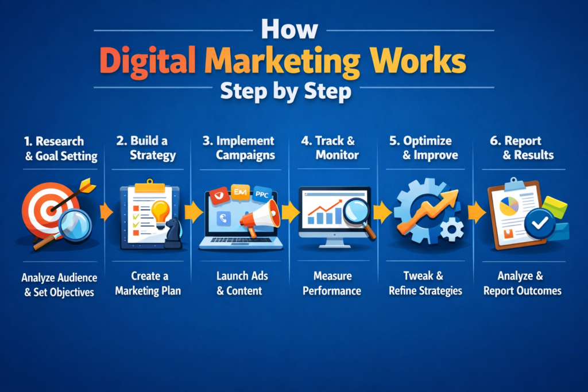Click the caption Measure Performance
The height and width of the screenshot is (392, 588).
(x=332, y=283)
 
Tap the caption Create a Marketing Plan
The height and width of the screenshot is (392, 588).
(x=148, y=283)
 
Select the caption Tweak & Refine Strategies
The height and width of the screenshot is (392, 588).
(x=425, y=283)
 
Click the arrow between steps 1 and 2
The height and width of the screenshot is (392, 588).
(x=106, y=212)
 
